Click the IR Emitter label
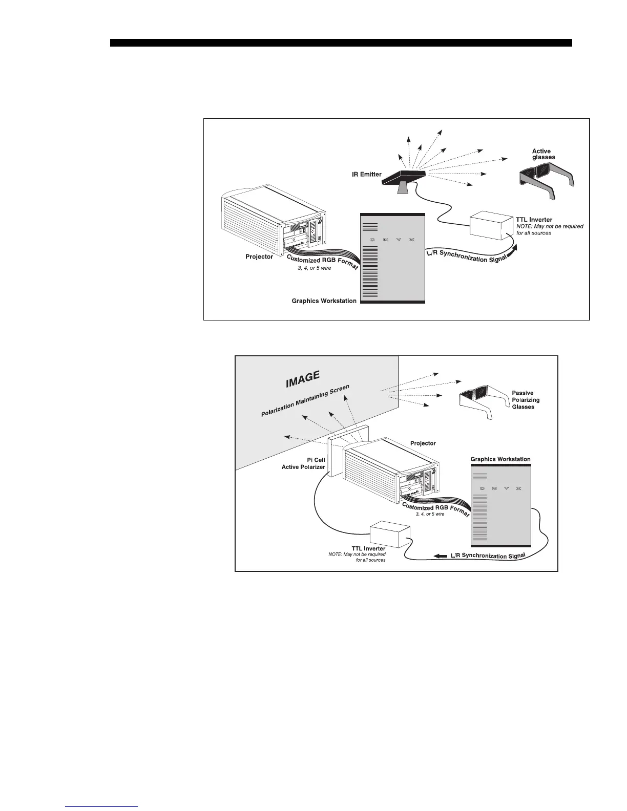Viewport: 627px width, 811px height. coord(366,175)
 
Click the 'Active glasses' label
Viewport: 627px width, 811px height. coord(543,154)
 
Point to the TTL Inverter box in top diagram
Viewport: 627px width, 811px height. coord(491,225)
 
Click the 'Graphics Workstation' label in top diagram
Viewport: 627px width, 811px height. coord(324,301)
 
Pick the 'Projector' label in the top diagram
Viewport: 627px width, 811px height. coord(259,257)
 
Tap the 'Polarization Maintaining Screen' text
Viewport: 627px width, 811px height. coord(305,401)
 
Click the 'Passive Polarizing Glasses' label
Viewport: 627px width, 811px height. coord(526,400)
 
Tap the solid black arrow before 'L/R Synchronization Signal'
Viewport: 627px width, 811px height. coord(440,556)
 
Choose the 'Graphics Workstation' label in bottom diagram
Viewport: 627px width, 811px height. coord(500,459)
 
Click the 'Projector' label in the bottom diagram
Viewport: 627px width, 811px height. coord(423,443)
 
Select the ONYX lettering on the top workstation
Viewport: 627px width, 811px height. coord(392,240)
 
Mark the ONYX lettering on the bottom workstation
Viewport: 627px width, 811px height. coord(500,489)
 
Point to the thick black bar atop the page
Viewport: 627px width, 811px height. coord(341,43)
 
